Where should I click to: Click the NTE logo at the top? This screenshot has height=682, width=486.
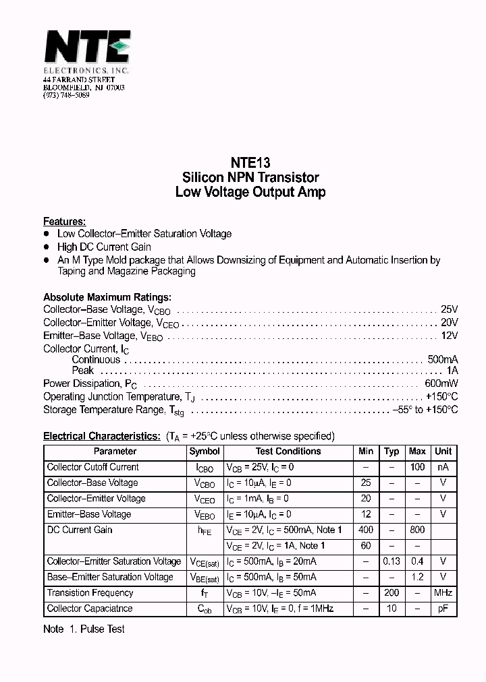(x=86, y=49)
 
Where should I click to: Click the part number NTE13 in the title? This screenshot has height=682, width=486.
(x=250, y=162)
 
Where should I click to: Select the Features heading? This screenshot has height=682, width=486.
(x=64, y=221)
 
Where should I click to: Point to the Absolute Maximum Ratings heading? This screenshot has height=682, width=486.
(x=107, y=297)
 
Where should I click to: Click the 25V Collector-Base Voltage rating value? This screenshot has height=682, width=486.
(x=449, y=310)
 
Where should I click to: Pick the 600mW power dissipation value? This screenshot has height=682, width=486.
(x=441, y=383)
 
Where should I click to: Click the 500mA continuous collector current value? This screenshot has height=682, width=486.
(x=443, y=360)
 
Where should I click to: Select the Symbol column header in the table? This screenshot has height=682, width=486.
(x=205, y=452)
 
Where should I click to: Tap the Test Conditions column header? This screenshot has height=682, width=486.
(x=288, y=452)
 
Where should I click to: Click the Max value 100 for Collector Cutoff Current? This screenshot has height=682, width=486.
(x=418, y=467)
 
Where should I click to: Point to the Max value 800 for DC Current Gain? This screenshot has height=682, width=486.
(x=418, y=530)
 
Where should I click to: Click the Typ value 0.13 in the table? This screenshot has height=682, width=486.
(x=391, y=561)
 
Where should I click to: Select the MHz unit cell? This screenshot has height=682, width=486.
(x=443, y=593)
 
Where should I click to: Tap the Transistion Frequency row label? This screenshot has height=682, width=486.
(x=90, y=593)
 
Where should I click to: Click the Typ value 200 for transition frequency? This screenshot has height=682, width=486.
(x=391, y=593)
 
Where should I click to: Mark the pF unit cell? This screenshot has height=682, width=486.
(x=443, y=609)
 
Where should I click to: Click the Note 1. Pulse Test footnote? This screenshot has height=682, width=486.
(x=84, y=629)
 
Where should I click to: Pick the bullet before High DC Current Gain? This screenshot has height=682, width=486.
(x=47, y=247)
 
